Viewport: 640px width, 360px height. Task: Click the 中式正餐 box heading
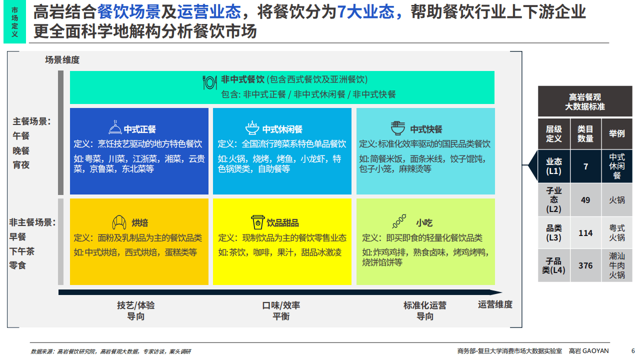[x=139, y=129]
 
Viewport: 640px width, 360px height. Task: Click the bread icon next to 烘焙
[x=118, y=222]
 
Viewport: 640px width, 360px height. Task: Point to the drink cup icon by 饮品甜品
[x=257, y=222]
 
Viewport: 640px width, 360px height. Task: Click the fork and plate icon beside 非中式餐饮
[x=209, y=81]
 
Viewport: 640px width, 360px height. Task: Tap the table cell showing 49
[x=585, y=200]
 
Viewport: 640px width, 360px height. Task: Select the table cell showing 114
[x=585, y=233]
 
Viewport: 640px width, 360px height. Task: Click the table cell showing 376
[x=585, y=265]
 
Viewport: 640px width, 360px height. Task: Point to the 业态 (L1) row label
[x=553, y=166]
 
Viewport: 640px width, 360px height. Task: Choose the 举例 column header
[x=616, y=133]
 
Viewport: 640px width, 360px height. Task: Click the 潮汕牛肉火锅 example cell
[x=616, y=265]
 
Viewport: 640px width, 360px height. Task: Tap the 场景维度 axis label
[x=62, y=60]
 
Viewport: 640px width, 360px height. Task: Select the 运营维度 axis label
[x=495, y=304]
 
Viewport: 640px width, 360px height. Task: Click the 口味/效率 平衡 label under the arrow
[x=281, y=310]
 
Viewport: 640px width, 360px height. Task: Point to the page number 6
[x=633, y=350]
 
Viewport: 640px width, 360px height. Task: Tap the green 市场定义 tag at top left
[x=14, y=22]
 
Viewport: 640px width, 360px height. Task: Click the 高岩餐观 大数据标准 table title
[x=585, y=101]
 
